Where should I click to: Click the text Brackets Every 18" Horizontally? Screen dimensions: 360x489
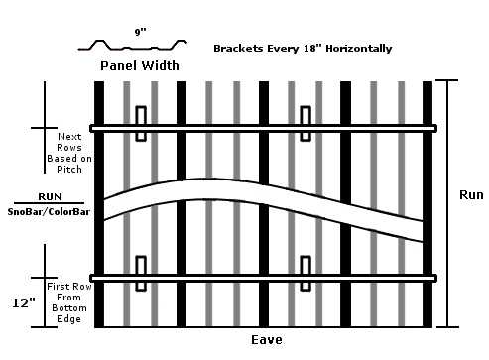pos(303,48)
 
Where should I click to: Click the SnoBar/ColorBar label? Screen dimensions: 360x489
pos(46,211)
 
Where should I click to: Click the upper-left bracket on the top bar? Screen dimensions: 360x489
pos(142,123)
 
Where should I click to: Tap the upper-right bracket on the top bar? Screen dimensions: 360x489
pos(306,123)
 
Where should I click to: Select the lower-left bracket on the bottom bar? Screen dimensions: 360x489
pos(142,273)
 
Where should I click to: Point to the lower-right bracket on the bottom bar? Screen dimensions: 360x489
pos(306,273)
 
